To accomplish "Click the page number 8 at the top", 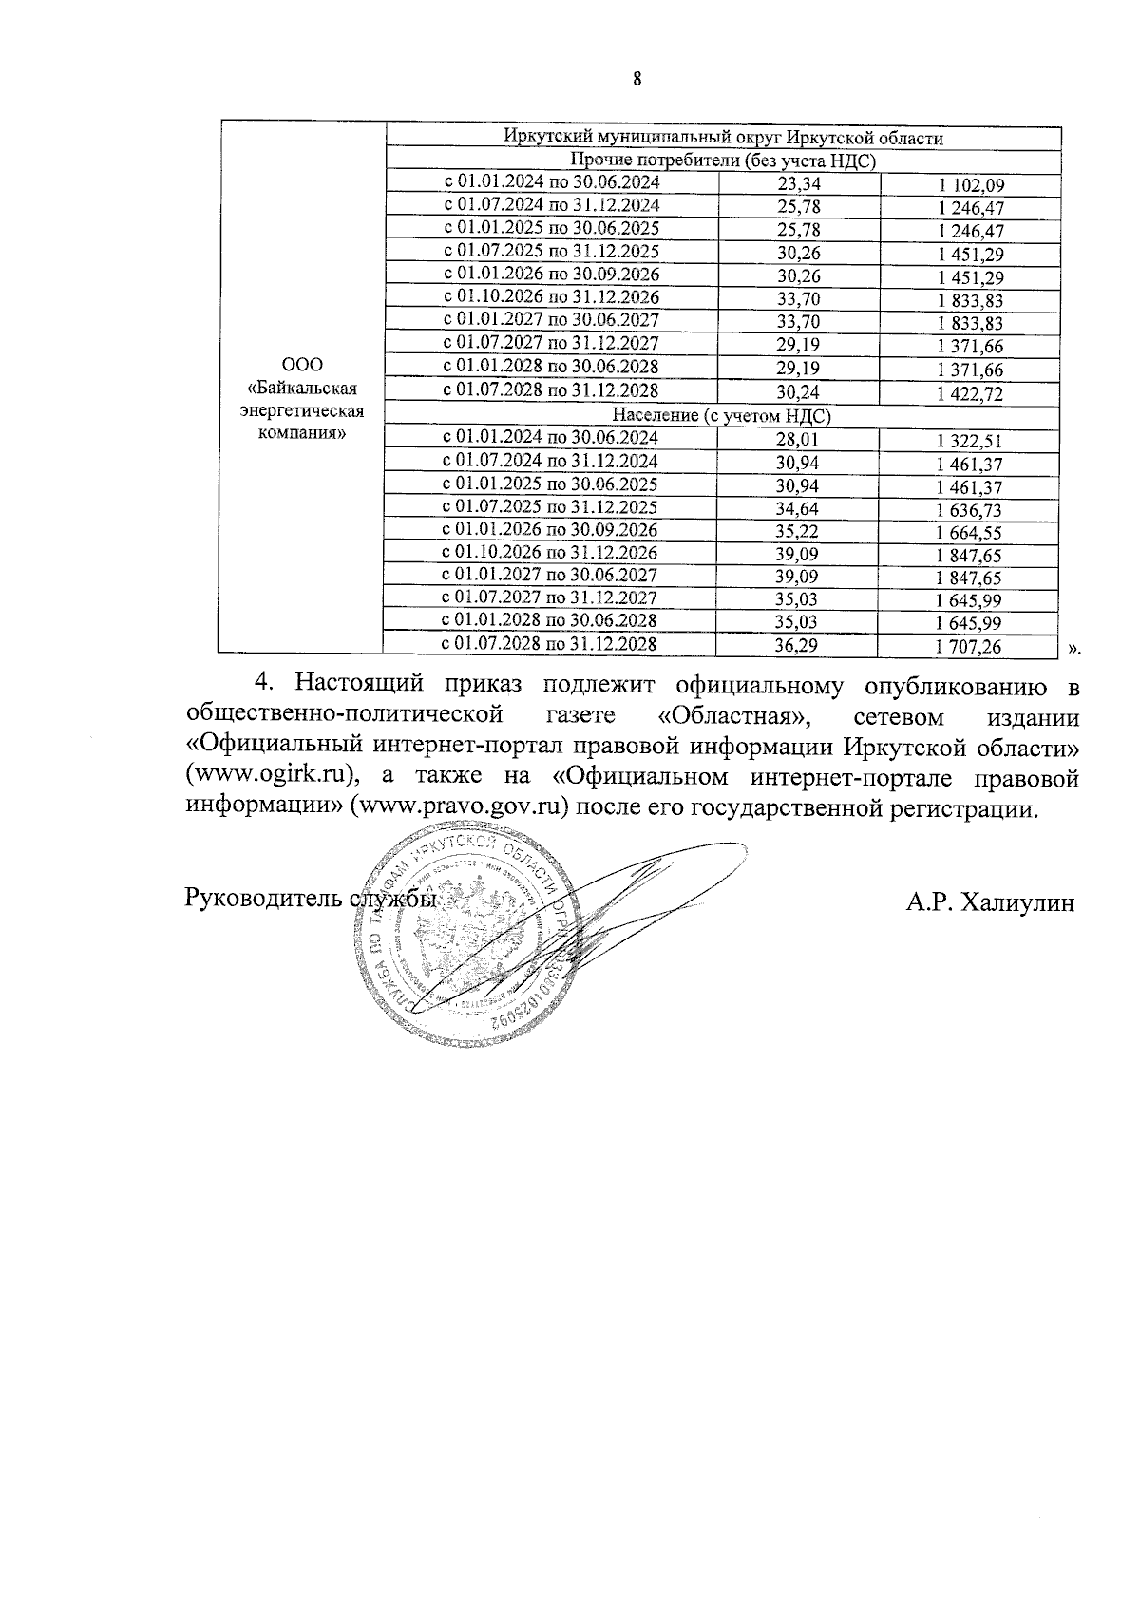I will pyautogui.click(x=637, y=80).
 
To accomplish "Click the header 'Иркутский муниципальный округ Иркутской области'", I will pyautogui.click(x=723, y=138).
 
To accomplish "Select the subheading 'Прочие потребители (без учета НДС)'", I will pyautogui.click(x=723, y=161).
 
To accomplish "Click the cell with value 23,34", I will pyautogui.click(x=798, y=185).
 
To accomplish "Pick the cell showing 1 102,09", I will pyautogui.click(x=970, y=186).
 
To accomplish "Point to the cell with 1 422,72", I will pyautogui.click(x=970, y=393).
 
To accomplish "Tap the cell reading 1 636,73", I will pyautogui.click(x=970, y=509).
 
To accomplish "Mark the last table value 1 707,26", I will pyautogui.click(x=970, y=647).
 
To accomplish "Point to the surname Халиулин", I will pyautogui.click(x=1017, y=901).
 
